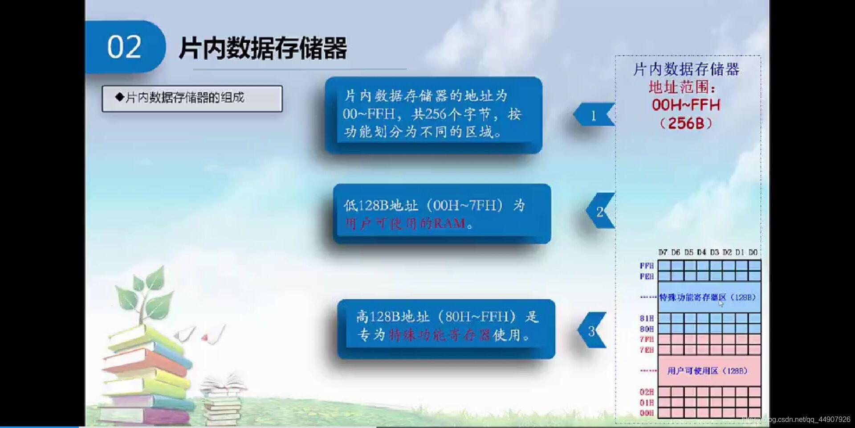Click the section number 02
[124, 47]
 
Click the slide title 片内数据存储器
[263, 48]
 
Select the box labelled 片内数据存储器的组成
[192, 98]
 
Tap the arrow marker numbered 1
[594, 115]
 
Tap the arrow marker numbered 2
[600, 211]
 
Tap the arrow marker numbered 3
[592, 331]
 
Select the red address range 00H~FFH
[686, 105]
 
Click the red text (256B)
[686, 123]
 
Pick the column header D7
[663, 252]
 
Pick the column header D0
[753, 252]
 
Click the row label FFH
[647, 266]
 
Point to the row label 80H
[647, 329]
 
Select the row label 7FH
[647, 339]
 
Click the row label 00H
[647, 413]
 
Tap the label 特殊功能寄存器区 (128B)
[707, 297]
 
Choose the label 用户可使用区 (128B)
[707, 371]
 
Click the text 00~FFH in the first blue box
[369, 114]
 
